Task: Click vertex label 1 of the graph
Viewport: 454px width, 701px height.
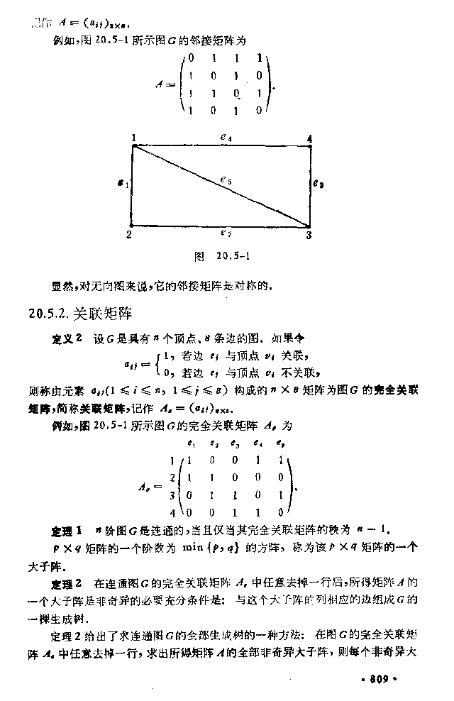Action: tap(133, 138)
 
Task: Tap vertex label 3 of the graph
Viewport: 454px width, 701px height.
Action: tap(309, 234)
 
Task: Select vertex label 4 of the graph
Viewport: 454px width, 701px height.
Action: tap(309, 138)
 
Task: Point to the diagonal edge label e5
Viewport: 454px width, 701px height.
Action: tap(225, 181)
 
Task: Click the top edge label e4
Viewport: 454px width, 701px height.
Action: tap(226, 138)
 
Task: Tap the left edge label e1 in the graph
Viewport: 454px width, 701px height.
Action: tap(123, 184)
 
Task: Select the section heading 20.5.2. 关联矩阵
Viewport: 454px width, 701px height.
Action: tap(79, 311)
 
